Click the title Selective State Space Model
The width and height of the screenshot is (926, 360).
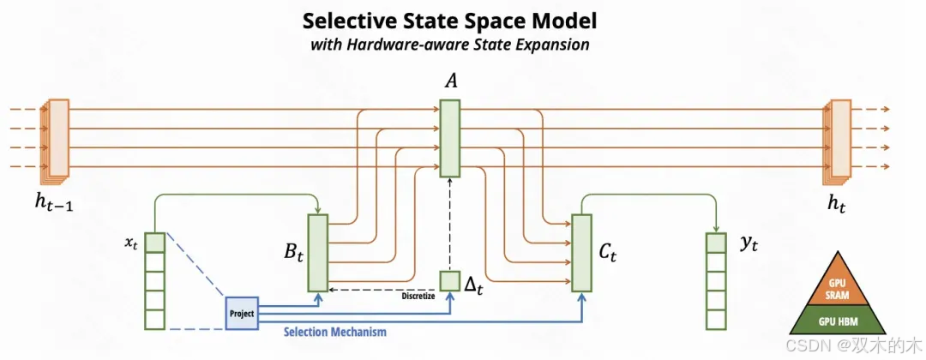click(x=449, y=20)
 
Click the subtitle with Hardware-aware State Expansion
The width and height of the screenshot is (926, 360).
click(x=449, y=45)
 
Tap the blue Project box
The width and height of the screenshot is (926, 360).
click(x=241, y=314)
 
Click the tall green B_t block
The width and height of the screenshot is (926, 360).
click(x=318, y=252)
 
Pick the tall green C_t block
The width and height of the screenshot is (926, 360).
click(x=581, y=252)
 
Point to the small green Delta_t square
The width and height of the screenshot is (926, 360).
click(x=450, y=280)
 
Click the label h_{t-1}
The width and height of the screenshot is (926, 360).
click(x=53, y=203)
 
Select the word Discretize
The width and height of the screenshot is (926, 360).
click(x=418, y=297)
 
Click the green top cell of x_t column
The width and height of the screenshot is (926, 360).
click(x=154, y=243)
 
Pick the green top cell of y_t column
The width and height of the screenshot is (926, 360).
click(x=716, y=243)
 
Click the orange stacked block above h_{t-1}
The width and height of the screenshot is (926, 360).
click(x=57, y=138)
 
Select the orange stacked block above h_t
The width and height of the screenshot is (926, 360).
click(x=839, y=138)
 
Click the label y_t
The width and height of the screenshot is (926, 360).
click(x=749, y=243)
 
